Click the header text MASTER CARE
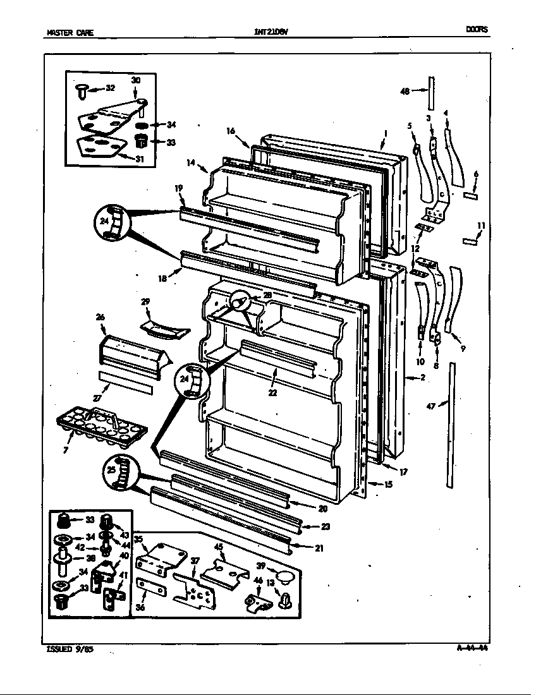click(x=70, y=33)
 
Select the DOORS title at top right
click(x=477, y=30)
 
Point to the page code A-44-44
click(x=473, y=647)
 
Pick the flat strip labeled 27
click(x=126, y=384)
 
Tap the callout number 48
click(x=405, y=91)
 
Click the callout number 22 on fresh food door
click(x=272, y=392)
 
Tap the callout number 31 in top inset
click(x=138, y=159)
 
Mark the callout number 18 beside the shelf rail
click(x=162, y=278)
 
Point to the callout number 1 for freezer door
click(x=385, y=133)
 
